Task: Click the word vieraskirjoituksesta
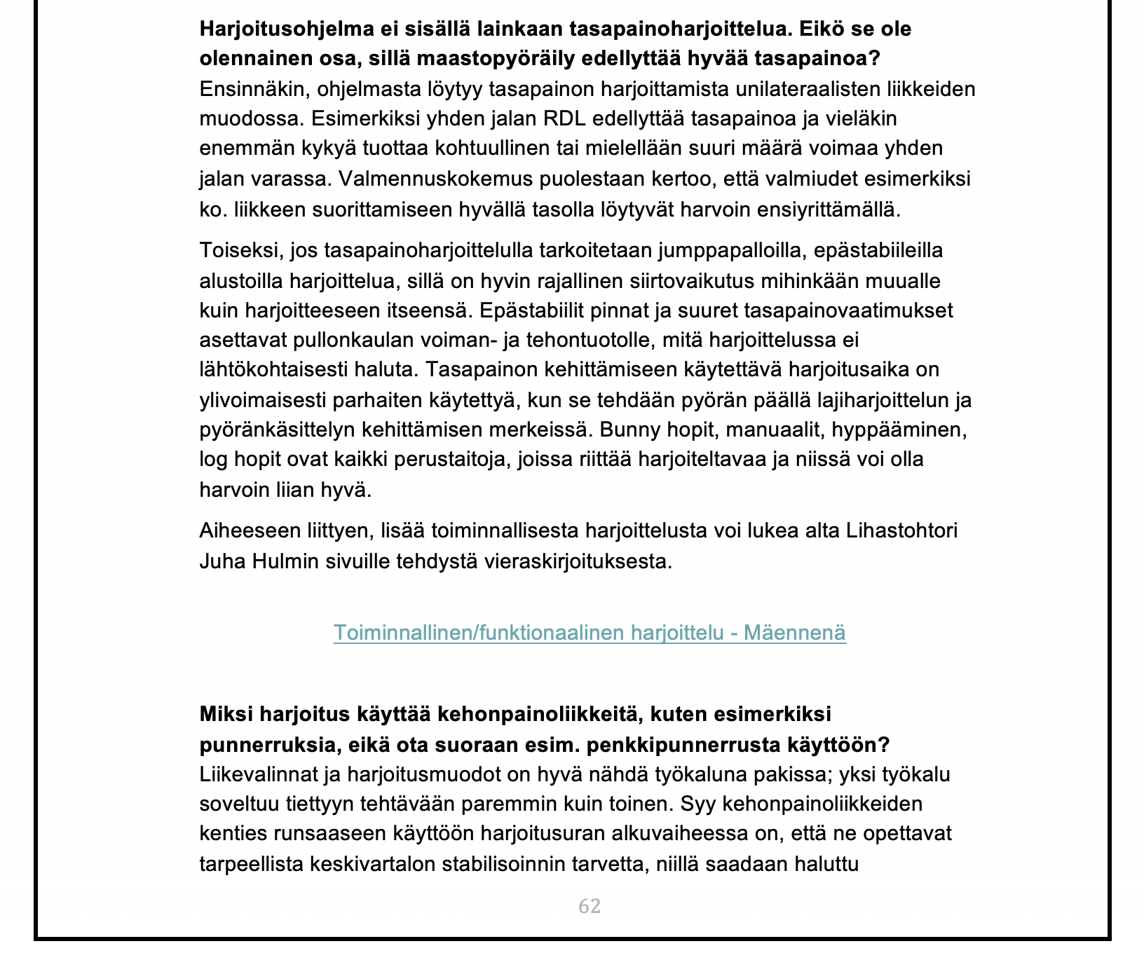tap(578, 561)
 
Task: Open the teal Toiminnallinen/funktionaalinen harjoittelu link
tap(590, 633)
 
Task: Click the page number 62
tap(590, 907)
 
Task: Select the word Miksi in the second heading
tap(226, 714)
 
